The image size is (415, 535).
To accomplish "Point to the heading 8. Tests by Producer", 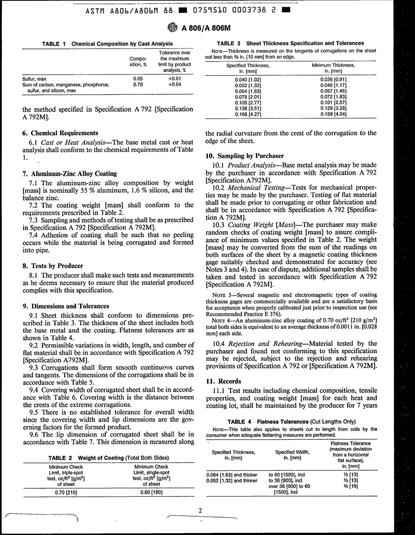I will tap(52, 265).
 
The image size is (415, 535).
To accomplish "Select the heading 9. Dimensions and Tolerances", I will tap(66, 306).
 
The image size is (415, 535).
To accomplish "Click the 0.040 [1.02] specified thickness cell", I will tap(247, 78).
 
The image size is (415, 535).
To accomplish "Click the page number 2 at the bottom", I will tap(200, 510).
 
